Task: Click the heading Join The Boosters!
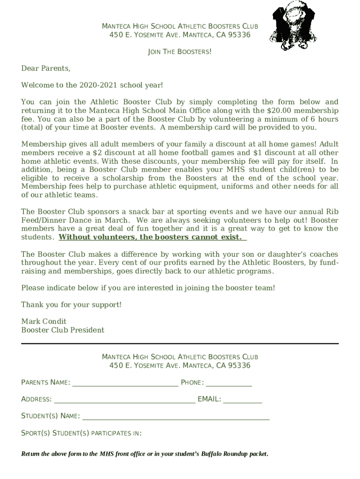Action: pyautogui.click(x=180, y=51)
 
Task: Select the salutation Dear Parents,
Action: pyautogui.click(x=46, y=69)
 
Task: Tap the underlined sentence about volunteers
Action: pyautogui.click(x=152, y=237)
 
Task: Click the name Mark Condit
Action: pyautogui.click(x=44, y=321)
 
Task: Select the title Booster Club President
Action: pyautogui.click(x=63, y=330)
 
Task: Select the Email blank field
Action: pyautogui.click(x=242, y=400)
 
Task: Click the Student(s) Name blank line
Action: pyautogui.click(x=176, y=417)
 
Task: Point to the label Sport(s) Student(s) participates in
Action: pyautogui.click(x=81, y=433)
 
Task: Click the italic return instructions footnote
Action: pyautogui.click(x=145, y=454)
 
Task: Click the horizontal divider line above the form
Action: pyautogui.click(x=180, y=344)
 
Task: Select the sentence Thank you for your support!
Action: pyautogui.click(x=71, y=305)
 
